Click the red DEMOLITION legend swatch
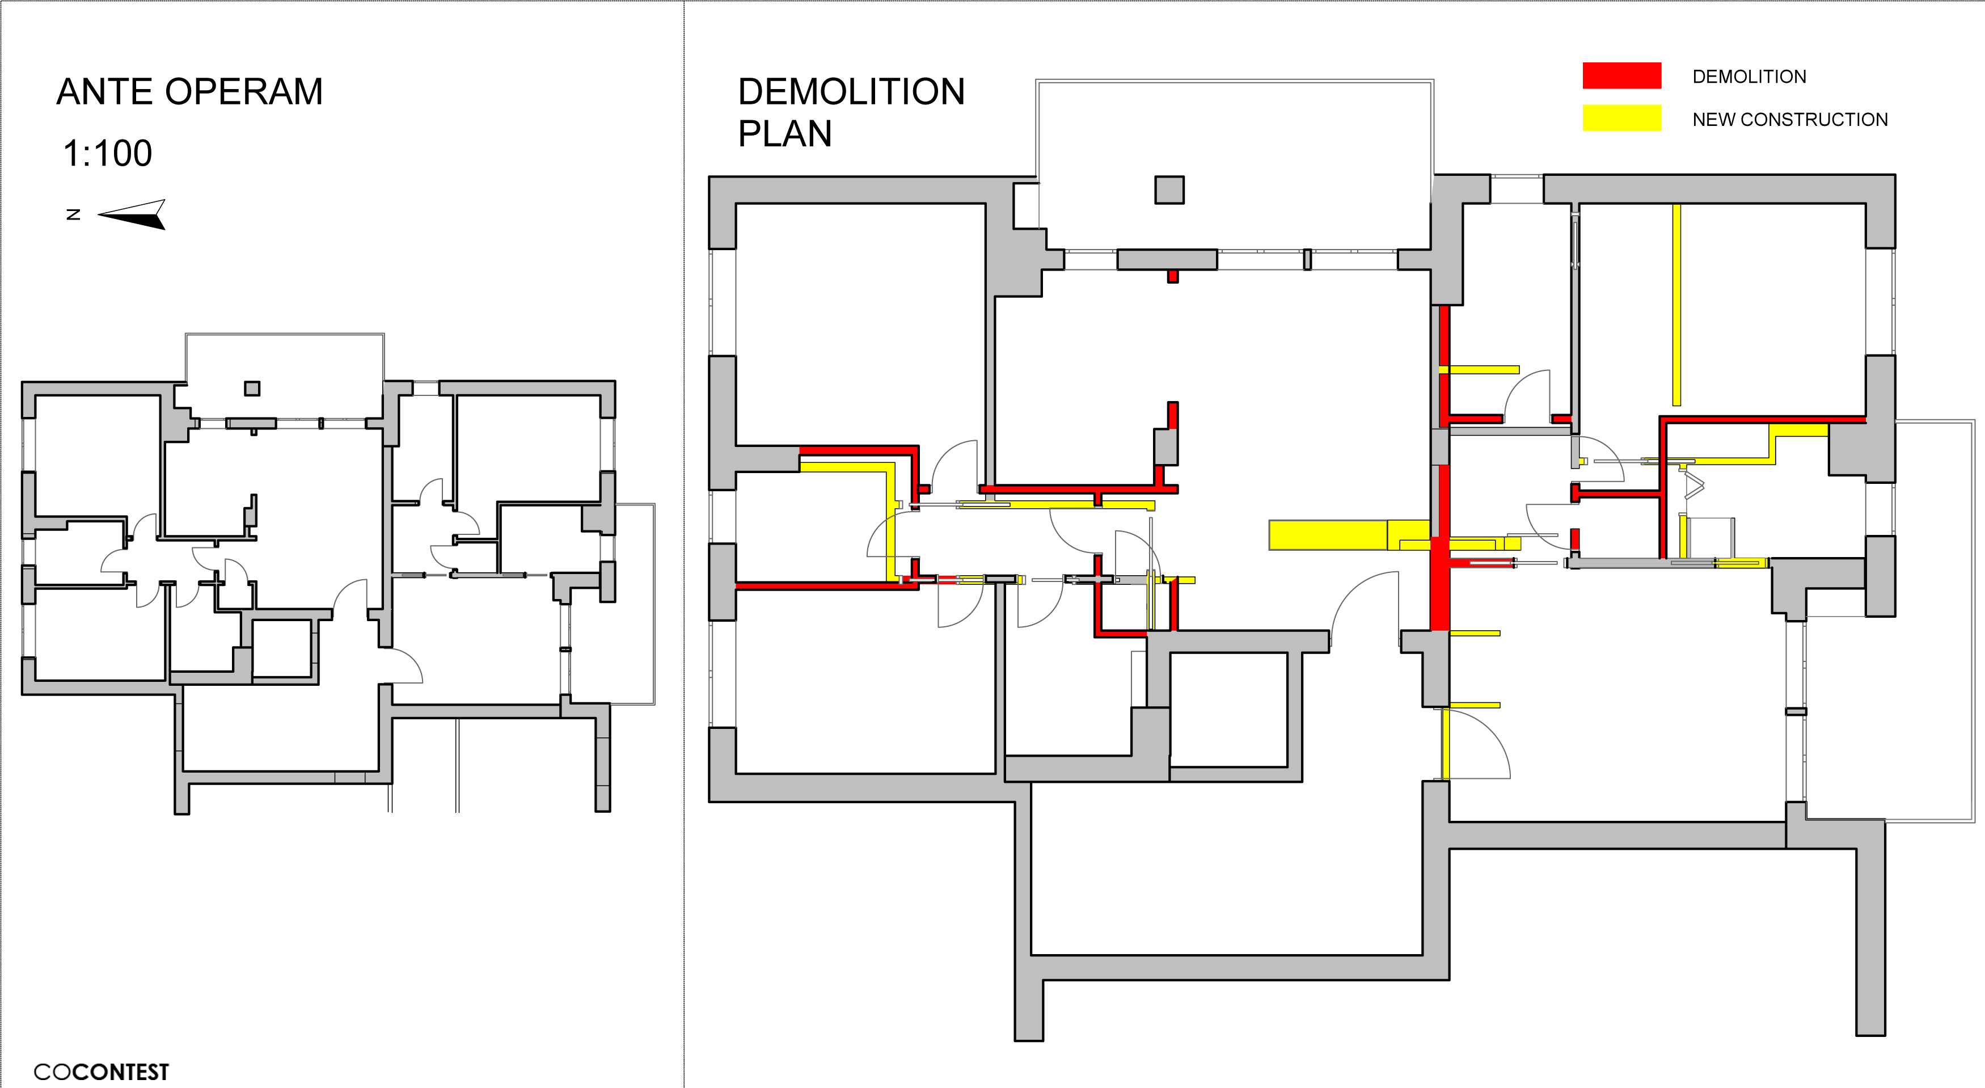[1621, 75]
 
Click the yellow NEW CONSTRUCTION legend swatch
[1621, 118]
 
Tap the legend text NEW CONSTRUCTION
[1789, 120]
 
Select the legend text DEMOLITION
[1749, 76]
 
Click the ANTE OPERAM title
[189, 92]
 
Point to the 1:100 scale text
[107, 153]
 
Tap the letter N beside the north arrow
[73, 214]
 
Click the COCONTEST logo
[101, 1071]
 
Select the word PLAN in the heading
[784, 134]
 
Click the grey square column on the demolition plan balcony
[1169, 189]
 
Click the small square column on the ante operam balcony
[252, 389]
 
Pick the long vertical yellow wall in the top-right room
[1676, 305]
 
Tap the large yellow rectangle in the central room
[1328, 535]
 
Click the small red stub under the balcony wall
[1172, 276]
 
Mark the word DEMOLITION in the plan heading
[851, 92]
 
